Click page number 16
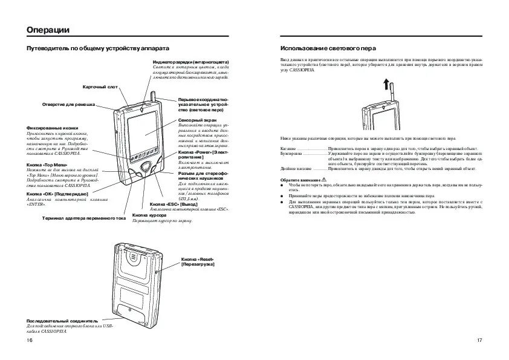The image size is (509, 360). pyautogui.click(x=30, y=341)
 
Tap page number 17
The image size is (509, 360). pyautogui.click(x=479, y=341)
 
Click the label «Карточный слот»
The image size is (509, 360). pyautogui.click(x=100, y=87)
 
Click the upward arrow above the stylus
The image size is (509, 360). pyautogui.click(x=384, y=84)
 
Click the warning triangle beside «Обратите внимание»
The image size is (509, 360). pyautogui.click(x=324, y=180)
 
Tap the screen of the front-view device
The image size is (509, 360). pyautogui.click(x=143, y=133)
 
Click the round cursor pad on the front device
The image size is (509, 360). pyautogui.click(x=145, y=167)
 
